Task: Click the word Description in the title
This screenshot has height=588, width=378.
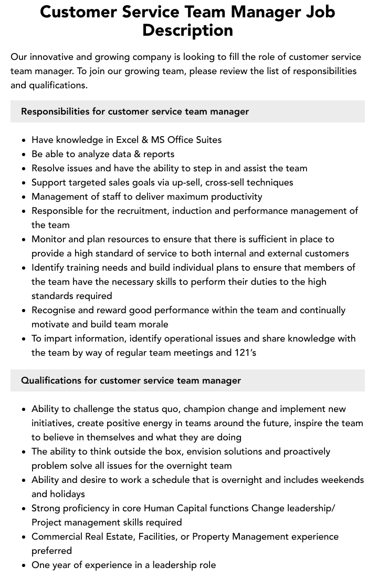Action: (187, 30)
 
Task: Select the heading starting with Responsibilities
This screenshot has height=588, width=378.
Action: (135, 111)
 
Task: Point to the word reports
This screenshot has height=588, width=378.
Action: (156, 154)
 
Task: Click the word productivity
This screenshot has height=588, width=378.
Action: (235, 197)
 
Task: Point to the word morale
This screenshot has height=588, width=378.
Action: (153, 324)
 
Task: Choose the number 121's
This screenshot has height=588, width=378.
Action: (245, 353)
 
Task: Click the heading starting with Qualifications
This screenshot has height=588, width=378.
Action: (131, 380)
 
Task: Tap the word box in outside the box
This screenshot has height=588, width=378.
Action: (166, 451)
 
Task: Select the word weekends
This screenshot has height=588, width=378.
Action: (339, 480)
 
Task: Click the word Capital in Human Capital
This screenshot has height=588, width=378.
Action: (196, 508)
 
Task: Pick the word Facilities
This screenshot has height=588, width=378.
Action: (159, 537)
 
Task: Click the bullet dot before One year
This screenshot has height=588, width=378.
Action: (24, 565)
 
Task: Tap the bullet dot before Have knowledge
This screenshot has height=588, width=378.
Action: (24, 140)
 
